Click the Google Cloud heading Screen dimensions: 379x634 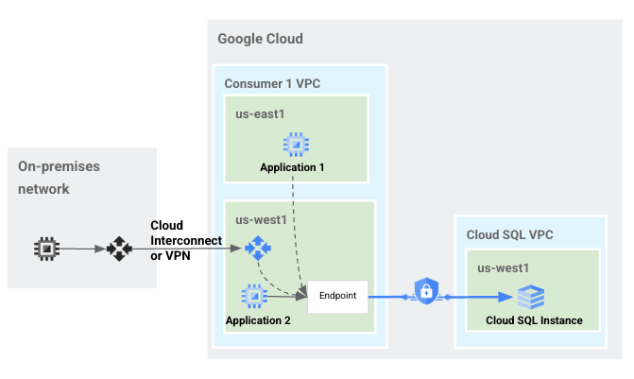[260, 39]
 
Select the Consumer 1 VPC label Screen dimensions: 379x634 [272, 83]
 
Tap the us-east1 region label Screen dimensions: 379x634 [261, 113]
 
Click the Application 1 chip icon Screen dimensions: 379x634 [295, 145]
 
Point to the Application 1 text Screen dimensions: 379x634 [292, 168]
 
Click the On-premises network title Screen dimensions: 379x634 [59, 177]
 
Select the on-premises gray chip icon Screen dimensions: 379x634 [44, 249]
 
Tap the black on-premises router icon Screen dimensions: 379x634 [119, 250]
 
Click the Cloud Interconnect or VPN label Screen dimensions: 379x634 [185, 241]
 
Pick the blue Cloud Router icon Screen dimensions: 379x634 [256, 248]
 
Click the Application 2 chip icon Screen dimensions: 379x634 [252, 297]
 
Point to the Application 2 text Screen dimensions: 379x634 [258, 320]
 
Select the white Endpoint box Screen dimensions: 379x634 [337, 296]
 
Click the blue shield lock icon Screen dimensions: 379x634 [425, 292]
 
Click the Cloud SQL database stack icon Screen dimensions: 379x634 [531, 297]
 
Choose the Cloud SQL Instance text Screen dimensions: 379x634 [534, 320]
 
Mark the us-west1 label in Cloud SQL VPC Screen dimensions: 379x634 [502, 267]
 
